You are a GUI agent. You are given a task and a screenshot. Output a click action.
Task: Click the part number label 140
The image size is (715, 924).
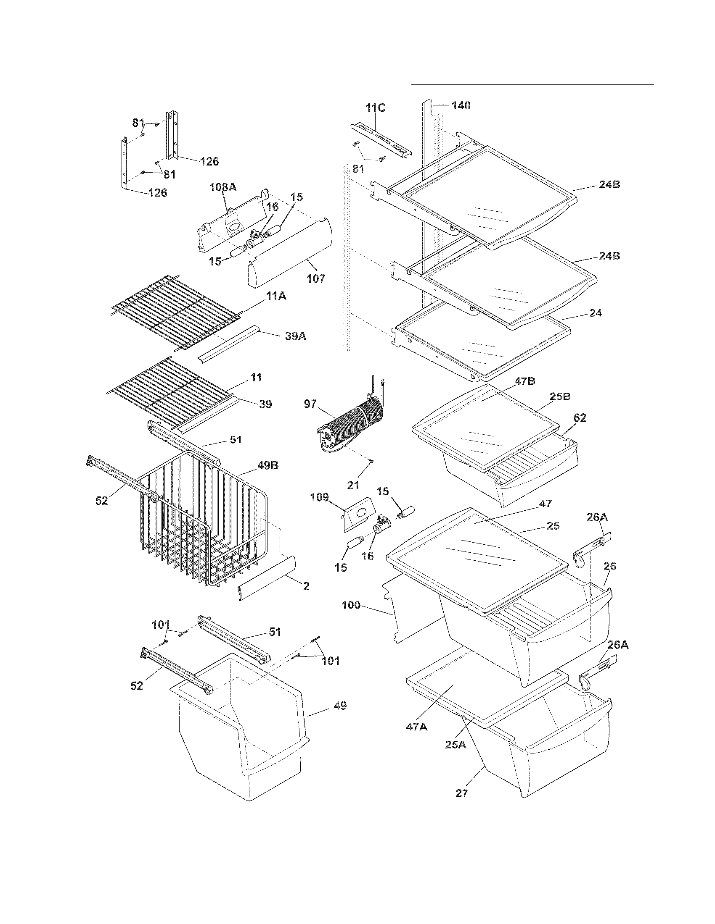pyautogui.click(x=461, y=105)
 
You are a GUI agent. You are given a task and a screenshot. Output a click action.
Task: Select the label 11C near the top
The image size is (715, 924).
pyautogui.click(x=376, y=108)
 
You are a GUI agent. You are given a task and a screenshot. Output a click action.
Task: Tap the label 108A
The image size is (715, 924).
pyautogui.click(x=223, y=187)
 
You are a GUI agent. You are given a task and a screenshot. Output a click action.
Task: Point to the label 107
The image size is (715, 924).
pyautogui.click(x=316, y=278)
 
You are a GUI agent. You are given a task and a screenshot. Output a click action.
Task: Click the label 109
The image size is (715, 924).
pyautogui.click(x=319, y=497)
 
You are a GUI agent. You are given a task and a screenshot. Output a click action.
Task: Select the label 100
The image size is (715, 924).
pyautogui.click(x=351, y=605)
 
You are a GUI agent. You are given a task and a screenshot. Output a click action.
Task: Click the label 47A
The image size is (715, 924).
pyautogui.click(x=417, y=727)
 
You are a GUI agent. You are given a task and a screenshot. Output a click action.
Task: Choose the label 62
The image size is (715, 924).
pyautogui.click(x=580, y=417)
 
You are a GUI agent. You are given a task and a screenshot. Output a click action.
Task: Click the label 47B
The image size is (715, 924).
pyautogui.click(x=525, y=381)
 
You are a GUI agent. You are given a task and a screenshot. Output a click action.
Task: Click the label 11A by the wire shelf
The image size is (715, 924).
pyautogui.click(x=276, y=296)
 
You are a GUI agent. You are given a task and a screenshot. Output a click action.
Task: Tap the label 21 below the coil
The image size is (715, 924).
pyautogui.click(x=353, y=485)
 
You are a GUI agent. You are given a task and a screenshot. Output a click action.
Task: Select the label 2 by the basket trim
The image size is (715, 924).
pyautogui.click(x=306, y=586)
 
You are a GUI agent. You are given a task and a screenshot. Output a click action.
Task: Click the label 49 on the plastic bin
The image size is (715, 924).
pyautogui.click(x=340, y=706)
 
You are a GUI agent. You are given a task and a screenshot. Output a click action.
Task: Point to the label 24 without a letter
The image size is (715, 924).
pyautogui.click(x=596, y=313)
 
